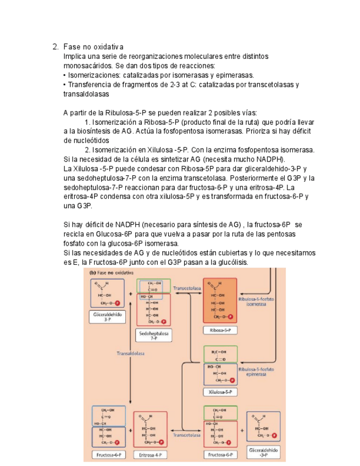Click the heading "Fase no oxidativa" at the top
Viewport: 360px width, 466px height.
tap(93, 47)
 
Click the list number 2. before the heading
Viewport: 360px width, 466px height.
tap(55, 47)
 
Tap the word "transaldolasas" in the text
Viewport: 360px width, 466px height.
tap(86, 94)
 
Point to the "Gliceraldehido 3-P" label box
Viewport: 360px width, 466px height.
tap(107, 317)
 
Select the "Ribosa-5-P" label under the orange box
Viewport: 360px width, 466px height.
tap(220, 330)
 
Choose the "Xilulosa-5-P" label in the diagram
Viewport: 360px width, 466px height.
tap(220, 392)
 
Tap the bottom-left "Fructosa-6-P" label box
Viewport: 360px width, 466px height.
tap(108, 455)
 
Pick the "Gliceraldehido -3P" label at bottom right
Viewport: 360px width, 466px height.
tap(264, 452)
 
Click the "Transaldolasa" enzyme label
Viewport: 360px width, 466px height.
tap(131, 354)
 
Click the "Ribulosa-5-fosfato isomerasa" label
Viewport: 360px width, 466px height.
tap(256, 302)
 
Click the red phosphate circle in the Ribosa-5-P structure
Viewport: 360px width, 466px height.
tap(231, 317)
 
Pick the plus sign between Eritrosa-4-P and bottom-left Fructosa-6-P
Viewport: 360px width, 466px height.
tap(130, 430)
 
